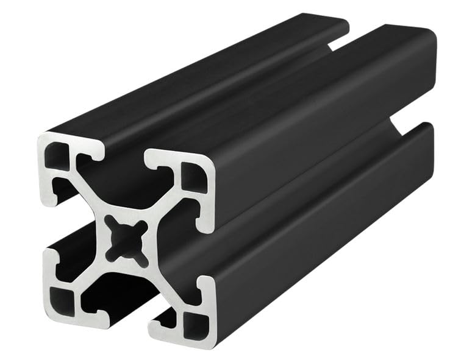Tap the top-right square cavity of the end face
195,177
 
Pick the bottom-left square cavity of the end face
62,301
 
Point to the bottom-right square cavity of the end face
195,323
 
